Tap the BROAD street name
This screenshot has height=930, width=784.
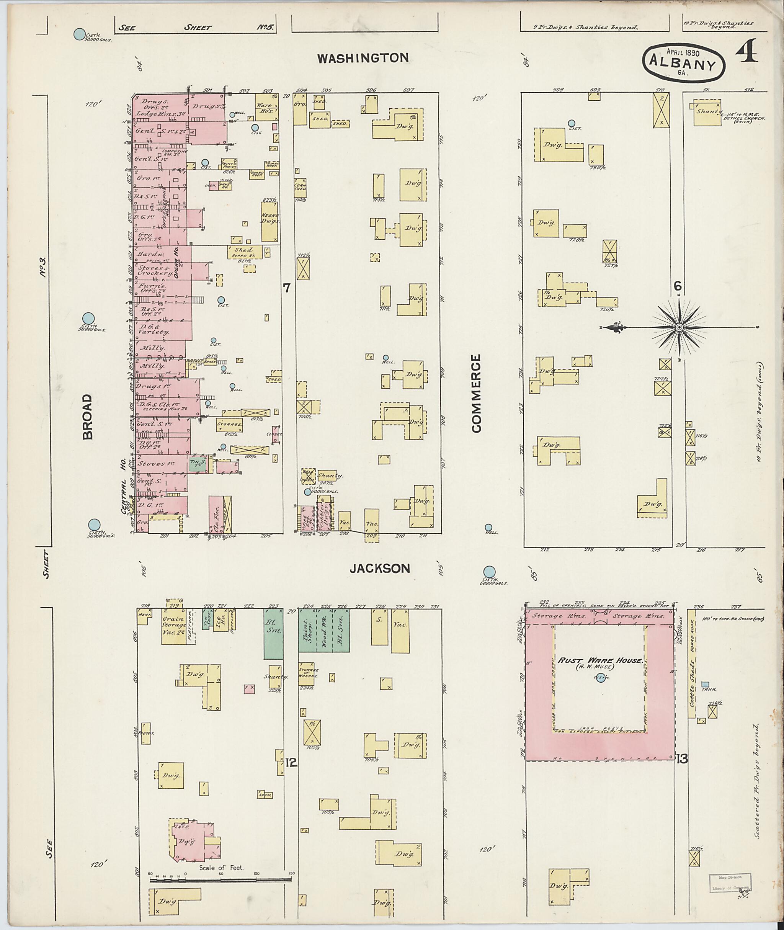coord(88,417)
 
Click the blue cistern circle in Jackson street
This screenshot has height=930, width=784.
coord(489,572)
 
